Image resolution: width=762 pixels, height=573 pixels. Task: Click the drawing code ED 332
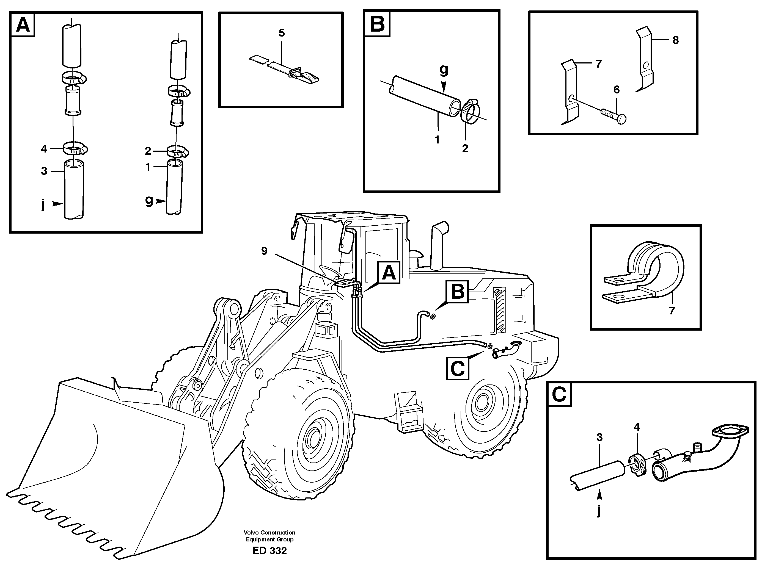(x=269, y=551)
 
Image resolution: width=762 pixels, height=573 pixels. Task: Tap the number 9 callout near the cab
(x=264, y=251)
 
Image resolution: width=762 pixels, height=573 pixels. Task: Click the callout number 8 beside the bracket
(x=676, y=40)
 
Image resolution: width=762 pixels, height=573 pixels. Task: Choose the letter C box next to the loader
(x=458, y=369)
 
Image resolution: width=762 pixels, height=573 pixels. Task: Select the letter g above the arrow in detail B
(x=444, y=70)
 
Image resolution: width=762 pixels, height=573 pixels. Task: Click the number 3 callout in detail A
(x=44, y=171)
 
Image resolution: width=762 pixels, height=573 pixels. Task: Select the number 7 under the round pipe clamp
(x=672, y=311)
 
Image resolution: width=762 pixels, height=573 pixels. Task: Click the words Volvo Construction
(x=269, y=532)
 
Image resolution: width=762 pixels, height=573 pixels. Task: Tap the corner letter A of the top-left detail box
(x=23, y=24)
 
